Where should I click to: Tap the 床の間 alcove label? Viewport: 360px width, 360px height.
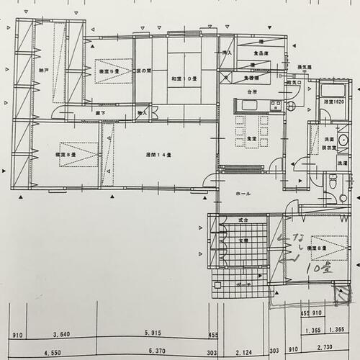tap(143, 71)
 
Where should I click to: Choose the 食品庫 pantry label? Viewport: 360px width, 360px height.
tap(261, 53)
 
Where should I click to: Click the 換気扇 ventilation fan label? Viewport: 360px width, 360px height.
tap(305, 67)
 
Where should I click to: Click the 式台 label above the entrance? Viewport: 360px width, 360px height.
tap(243, 220)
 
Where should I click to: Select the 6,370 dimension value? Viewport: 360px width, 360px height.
tap(156, 354)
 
